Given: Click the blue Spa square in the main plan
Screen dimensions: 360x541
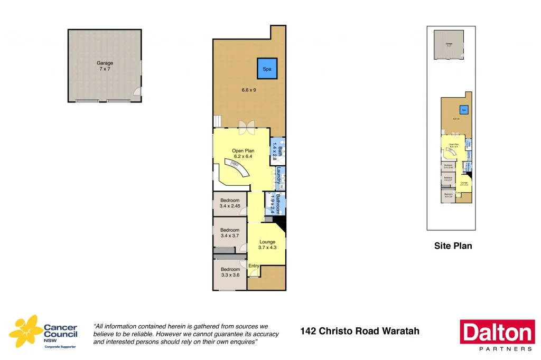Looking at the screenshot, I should tap(267, 68).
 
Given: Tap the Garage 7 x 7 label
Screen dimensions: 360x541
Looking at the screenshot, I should tap(105, 66).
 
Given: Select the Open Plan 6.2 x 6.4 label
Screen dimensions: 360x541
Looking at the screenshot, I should tap(243, 154).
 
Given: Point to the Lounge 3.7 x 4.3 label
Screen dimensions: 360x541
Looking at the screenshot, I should tap(267, 244).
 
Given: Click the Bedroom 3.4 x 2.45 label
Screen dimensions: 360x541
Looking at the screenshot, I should tap(230, 203).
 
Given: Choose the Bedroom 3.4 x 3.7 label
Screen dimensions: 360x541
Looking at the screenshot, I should tap(230, 233).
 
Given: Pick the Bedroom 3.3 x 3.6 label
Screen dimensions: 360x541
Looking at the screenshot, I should tap(230, 272).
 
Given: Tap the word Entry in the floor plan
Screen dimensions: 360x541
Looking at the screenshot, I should tap(254, 266).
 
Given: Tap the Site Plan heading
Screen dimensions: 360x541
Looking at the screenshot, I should tap(453, 245).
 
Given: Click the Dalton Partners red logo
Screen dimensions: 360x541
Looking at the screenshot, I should tap(497, 335).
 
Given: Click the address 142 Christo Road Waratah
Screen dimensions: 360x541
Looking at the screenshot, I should tap(359, 331).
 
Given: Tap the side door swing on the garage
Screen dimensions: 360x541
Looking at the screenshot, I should tap(137, 92).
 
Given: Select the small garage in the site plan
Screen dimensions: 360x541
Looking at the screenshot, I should tap(449, 44).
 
